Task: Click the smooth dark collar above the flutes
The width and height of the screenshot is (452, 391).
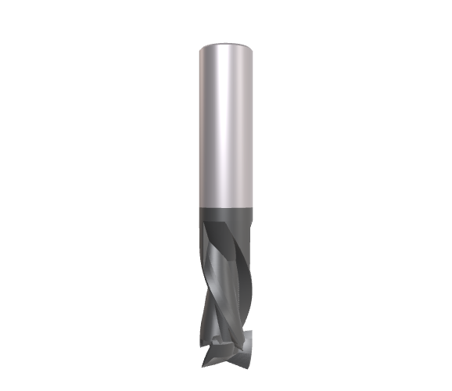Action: (x=227, y=215)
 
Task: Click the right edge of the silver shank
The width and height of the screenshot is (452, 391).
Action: (x=252, y=125)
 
